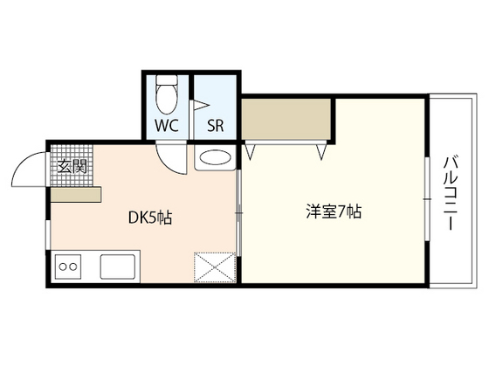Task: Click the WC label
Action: click(168, 124)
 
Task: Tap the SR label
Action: click(216, 124)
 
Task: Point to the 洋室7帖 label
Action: click(334, 211)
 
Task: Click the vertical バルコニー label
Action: click(453, 193)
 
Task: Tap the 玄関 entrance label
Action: click(72, 166)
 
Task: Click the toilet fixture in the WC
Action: click(167, 93)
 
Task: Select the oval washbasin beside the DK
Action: click(214, 158)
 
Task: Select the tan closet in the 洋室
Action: click(287, 120)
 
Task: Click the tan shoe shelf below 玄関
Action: click(75, 195)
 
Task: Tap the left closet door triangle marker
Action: click(251, 151)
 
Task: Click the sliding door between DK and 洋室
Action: click(240, 214)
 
